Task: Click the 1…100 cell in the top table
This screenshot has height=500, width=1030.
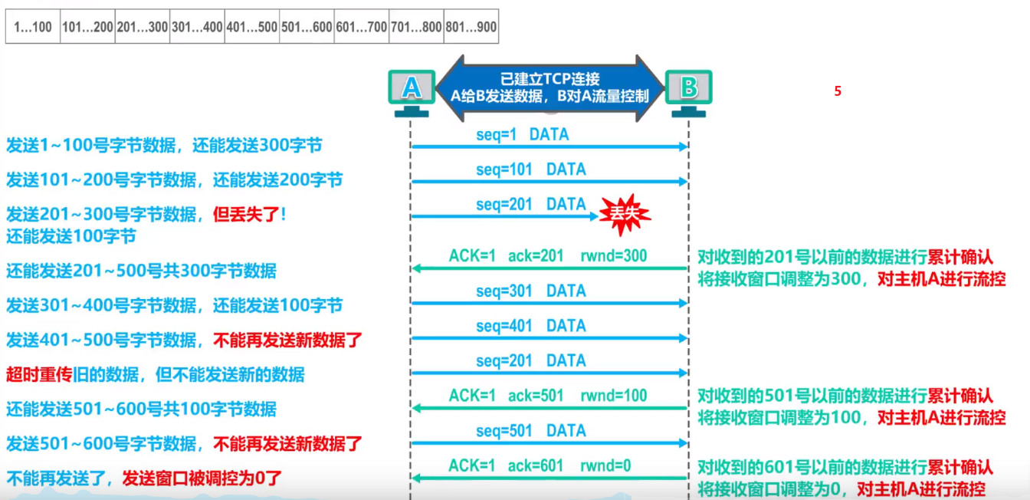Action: coord(33,28)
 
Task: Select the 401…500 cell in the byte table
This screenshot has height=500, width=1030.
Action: coord(252,28)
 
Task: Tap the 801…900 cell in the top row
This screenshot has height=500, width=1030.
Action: coord(471,28)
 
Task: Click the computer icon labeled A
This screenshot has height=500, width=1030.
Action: coord(412,90)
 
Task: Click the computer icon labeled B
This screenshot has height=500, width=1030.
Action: coord(688,90)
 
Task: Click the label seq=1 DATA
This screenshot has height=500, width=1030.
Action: coord(523,134)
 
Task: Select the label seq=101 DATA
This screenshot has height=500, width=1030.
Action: coord(530,169)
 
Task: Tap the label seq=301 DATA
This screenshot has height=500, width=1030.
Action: coord(530,291)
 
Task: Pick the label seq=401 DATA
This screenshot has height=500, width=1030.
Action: coord(530,326)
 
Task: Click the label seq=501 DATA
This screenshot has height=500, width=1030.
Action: coord(530,431)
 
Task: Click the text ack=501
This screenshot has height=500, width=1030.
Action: coord(536,396)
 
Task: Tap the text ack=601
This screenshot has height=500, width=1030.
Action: coord(536,465)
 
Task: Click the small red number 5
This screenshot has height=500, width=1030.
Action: coord(838,91)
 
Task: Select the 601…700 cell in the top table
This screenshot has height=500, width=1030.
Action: coord(362,28)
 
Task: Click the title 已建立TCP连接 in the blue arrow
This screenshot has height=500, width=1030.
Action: coord(549,79)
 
